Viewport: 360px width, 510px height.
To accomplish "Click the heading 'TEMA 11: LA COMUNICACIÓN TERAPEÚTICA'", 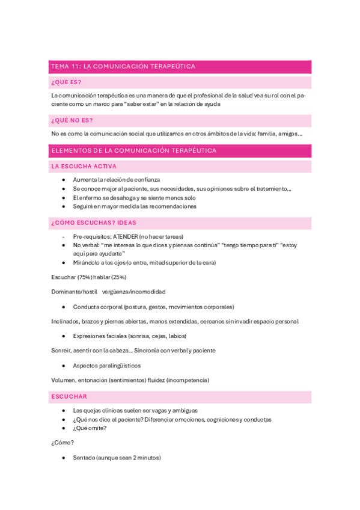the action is [123, 66].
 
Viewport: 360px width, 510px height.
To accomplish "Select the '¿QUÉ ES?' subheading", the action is [67, 82].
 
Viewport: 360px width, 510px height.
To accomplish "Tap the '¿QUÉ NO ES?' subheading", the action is [72, 120].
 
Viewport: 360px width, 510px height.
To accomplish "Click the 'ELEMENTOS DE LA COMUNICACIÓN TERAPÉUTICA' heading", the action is [134, 150].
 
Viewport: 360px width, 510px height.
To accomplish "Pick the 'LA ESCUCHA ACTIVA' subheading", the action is [84, 166].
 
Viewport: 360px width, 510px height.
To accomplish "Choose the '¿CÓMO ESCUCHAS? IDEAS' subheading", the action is [94, 223].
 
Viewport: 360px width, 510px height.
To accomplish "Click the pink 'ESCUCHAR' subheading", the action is [69, 396].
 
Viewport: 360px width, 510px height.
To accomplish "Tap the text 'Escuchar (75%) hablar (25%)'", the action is [88, 277].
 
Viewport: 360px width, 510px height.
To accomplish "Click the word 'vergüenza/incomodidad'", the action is [134, 291].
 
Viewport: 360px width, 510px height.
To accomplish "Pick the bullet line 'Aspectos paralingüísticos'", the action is [107, 365].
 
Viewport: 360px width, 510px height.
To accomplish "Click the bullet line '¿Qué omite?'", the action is [90, 428].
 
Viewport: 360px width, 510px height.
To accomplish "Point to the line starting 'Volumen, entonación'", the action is [130, 380].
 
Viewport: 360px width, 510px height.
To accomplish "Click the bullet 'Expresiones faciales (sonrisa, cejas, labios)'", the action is [129, 336].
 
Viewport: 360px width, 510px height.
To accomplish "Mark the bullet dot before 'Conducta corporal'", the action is [63, 306].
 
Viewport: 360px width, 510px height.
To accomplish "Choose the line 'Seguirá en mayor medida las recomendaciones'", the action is [135, 206].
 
